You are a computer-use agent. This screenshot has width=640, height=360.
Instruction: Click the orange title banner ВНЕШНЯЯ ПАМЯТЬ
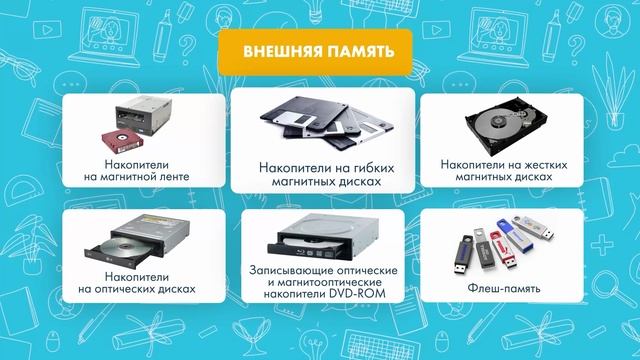(x=314, y=52)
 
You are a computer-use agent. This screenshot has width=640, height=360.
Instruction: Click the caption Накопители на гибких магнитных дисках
(x=319, y=176)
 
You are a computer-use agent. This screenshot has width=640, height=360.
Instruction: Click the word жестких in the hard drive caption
(x=539, y=162)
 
